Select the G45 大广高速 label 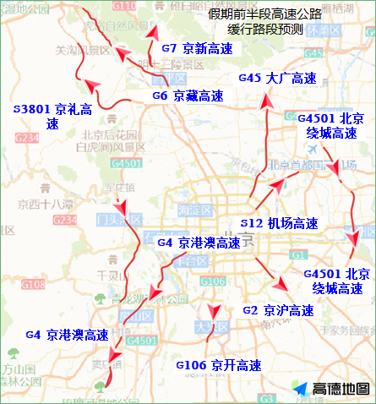coord(276,79)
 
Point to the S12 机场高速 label coord(279,223)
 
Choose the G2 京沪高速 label coord(278,310)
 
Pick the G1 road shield coord(295,254)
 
